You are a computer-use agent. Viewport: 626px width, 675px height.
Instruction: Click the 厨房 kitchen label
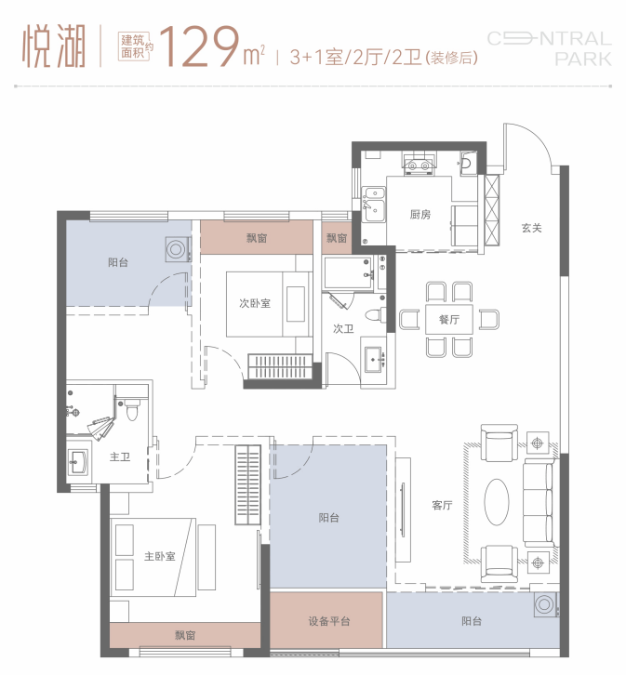[x=420, y=214]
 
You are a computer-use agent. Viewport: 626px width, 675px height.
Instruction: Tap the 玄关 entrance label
[x=531, y=228]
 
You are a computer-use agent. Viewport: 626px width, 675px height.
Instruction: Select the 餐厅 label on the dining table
[x=449, y=320]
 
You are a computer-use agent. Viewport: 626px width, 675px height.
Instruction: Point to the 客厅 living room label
[x=442, y=505]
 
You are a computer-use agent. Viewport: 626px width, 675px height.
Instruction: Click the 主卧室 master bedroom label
[x=160, y=556]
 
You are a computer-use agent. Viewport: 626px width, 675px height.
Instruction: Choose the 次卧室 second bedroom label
[x=255, y=303]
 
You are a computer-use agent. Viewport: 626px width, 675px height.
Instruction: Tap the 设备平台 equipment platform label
[x=329, y=621]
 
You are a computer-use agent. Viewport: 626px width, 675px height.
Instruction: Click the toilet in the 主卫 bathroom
[x=132, y=410]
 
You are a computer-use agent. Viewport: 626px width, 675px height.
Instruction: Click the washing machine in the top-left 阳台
[x=177, y=250]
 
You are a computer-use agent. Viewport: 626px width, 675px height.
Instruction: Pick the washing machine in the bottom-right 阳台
[x=545, y=604]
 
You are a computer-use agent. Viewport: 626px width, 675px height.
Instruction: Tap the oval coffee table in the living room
[x=497, y=502]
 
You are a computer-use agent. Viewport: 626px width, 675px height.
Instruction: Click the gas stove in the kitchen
[x=418, y=164]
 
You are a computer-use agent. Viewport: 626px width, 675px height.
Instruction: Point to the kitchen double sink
[x=373, y=204]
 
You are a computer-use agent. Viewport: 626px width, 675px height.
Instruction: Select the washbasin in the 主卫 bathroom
[x=78, y=462]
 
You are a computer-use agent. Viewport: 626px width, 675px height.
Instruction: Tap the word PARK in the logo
[x=583, y=60]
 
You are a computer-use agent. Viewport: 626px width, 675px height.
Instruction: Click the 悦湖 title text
[x=54, y=46]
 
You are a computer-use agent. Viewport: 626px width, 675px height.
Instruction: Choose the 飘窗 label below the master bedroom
[x=185, y=635]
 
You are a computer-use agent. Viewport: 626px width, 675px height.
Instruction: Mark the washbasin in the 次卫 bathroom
[x=374, y=359]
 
